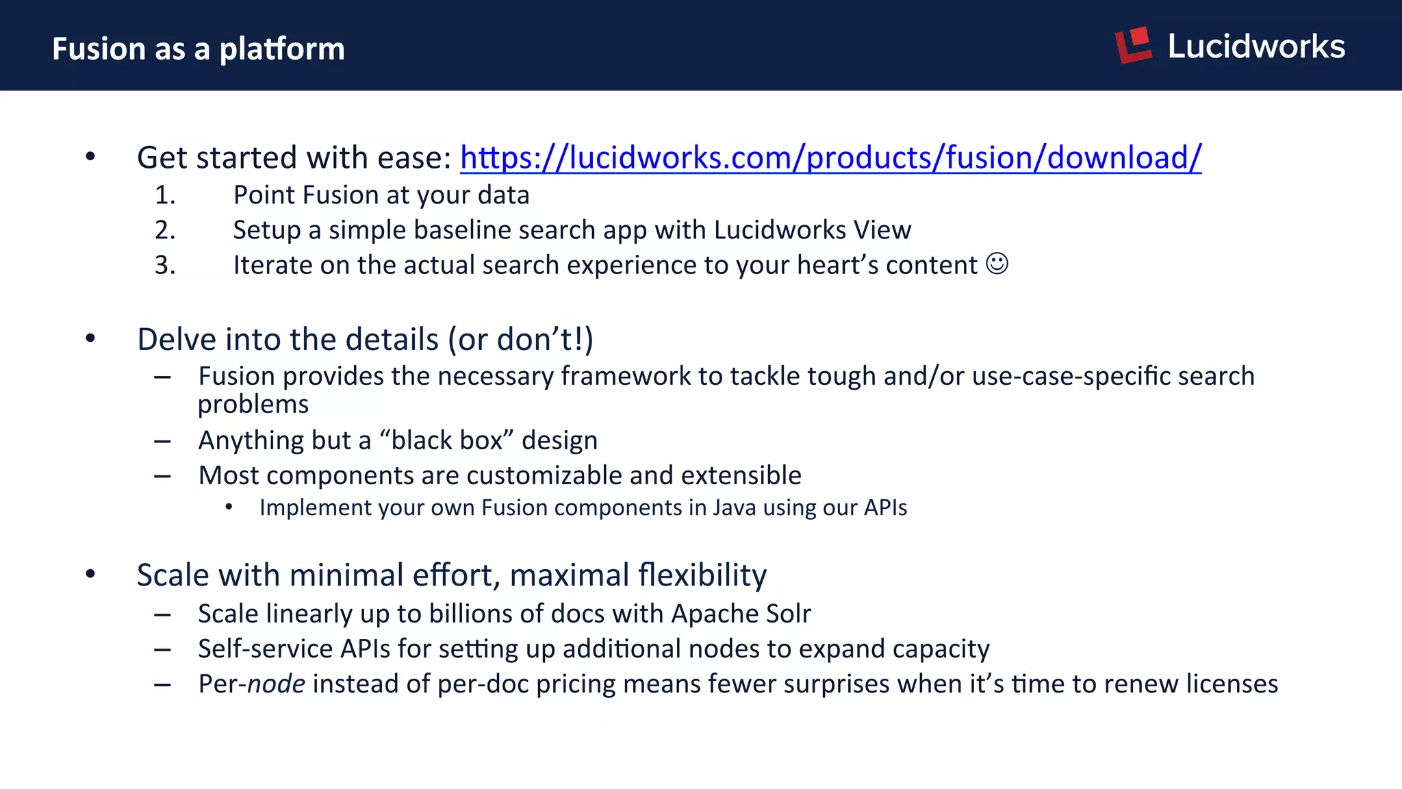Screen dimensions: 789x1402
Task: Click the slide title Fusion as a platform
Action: (199, 49)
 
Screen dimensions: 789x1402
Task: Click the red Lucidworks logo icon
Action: (1133, 45)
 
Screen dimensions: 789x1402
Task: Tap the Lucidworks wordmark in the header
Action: (1256, 47)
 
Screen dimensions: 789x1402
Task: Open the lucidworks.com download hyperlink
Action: (830, 158)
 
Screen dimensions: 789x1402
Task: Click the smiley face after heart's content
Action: (997, 264)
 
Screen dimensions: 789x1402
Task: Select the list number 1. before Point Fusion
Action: (165, 195)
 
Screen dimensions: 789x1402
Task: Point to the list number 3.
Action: (165, 265)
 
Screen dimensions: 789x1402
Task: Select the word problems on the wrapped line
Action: (253, 404)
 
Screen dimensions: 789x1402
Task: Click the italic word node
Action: (276, 684)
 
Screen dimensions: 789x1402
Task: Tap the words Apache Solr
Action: (741, 614)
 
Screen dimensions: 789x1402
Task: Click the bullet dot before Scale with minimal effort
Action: (90, 574)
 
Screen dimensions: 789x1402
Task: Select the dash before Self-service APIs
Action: (162, 649)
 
